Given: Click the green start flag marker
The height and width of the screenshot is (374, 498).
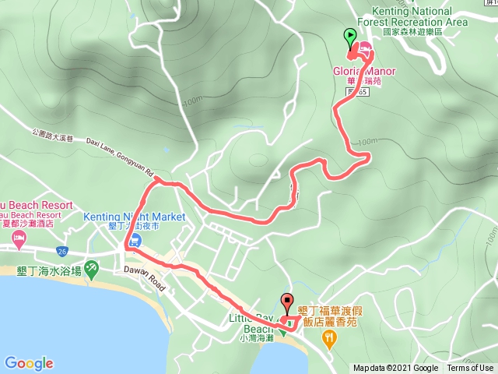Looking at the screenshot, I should point(349,37).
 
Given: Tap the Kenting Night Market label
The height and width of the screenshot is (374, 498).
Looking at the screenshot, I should point(134,216).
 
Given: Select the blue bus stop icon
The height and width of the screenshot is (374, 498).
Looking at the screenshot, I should point(135,241).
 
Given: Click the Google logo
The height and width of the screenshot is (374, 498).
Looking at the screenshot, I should point(29,363).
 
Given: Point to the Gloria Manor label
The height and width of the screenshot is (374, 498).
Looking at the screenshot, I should point(364,72).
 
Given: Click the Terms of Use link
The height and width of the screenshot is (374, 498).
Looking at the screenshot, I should point(469,369).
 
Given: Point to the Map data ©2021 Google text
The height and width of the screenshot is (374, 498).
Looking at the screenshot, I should point(395,369).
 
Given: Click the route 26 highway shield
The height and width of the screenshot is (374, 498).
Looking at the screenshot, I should point(62,251).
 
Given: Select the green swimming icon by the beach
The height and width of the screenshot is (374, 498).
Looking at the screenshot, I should point(92,268).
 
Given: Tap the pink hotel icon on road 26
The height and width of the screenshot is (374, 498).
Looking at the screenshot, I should point(18,245).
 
